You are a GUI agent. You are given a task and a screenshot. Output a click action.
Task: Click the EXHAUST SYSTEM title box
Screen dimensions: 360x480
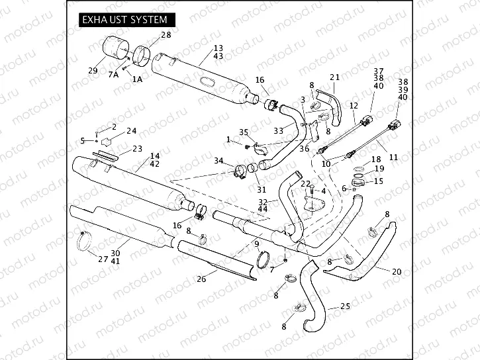tap(123, 21)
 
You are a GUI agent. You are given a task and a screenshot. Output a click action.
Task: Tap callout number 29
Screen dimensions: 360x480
tap(93, 70)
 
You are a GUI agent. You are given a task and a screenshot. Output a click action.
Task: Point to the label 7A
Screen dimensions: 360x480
tap(113, 75)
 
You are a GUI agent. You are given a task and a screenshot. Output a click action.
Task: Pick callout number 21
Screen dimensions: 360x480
tap(334, 77)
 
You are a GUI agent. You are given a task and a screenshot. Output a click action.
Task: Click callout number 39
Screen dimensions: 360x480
tap(403, 89)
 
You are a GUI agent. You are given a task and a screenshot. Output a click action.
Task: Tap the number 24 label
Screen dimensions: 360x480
tap(132, 130)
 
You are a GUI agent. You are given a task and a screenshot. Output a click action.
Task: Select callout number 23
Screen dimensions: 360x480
tap(137, 148)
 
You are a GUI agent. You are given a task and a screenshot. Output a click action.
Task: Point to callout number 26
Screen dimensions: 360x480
tap(201, 279)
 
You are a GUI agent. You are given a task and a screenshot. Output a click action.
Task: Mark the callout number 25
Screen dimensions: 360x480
tap(344, 306)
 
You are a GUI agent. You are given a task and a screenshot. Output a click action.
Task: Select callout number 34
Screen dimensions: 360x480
tap(218, 161)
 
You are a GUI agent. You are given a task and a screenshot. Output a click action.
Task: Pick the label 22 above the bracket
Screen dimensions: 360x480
tap(305, 183)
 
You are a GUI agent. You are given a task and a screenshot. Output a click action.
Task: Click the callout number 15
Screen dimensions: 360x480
tap(378, 181)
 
